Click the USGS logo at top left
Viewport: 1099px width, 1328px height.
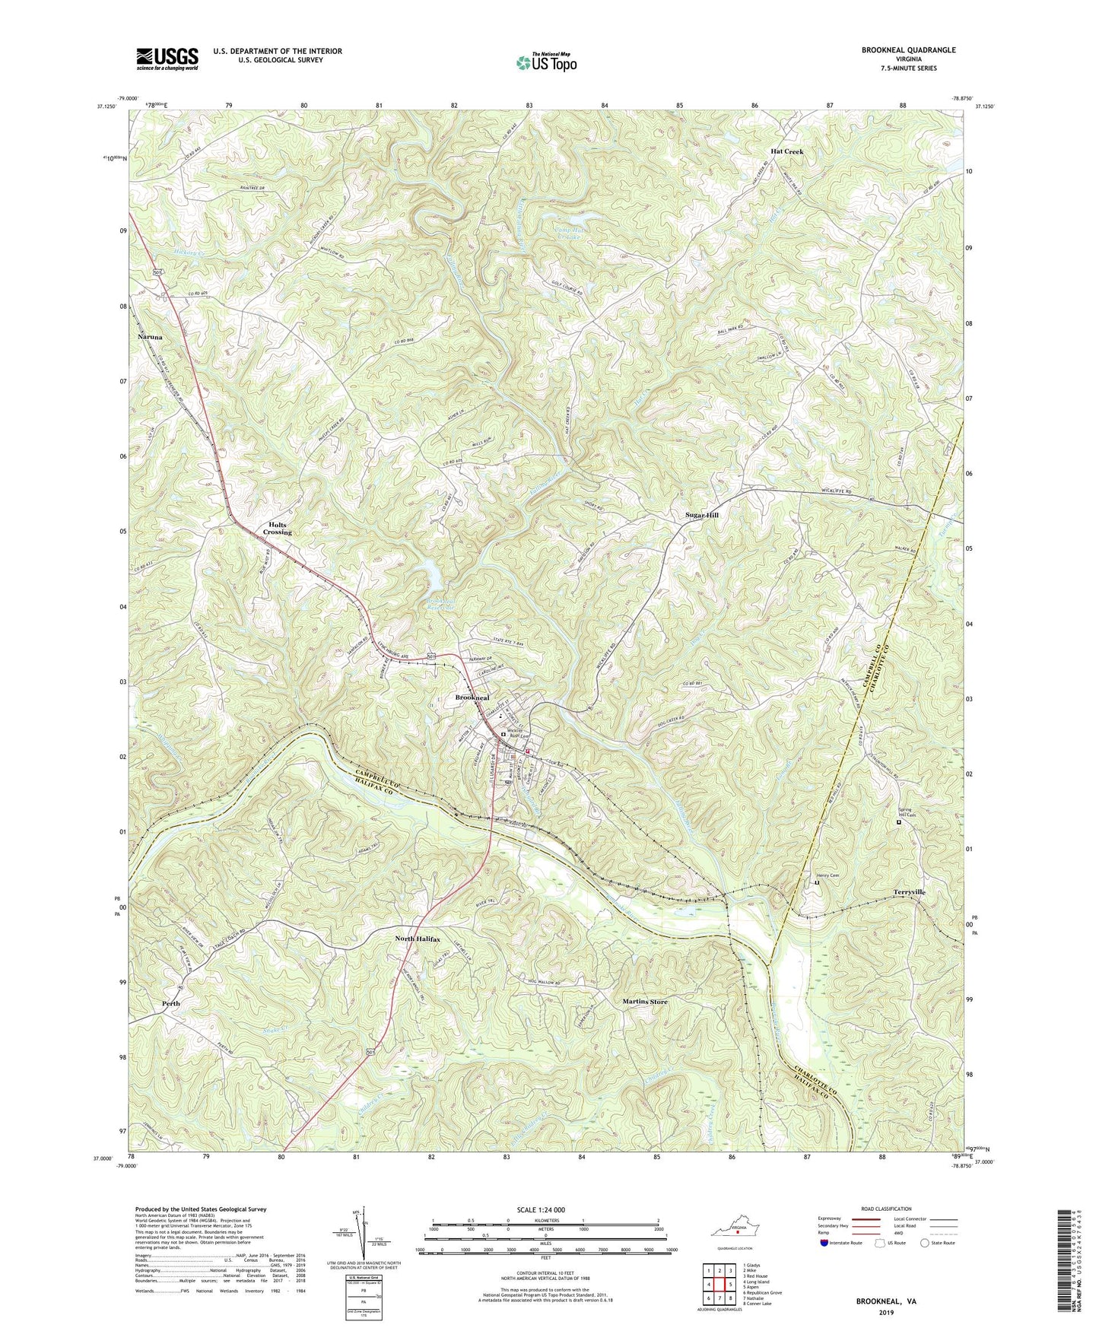[x=167, y=59]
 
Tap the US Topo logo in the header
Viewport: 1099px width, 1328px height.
[x=545, y=62]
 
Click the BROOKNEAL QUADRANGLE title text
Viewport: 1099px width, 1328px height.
[x=908, y=50]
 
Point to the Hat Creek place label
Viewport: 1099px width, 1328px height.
[x=786, y=151]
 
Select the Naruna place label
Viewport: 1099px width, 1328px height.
[x=151, y=336]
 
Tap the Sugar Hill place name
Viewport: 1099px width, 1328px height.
[x=701, y=515]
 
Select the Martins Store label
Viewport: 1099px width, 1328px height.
[x=644, y=1002]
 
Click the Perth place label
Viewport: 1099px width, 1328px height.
[x=172, y=1003]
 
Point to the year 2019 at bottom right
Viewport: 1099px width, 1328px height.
[x=885, y=1312]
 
